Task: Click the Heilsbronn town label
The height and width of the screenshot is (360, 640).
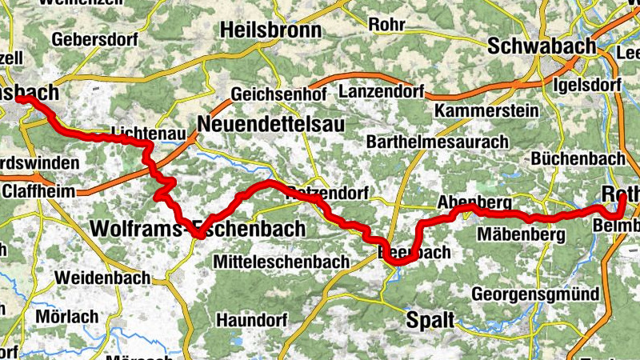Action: tap(270, 30)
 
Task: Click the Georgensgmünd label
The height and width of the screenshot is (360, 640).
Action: tap(535, 294)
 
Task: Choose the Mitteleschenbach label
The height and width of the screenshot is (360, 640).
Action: tap(282, 262)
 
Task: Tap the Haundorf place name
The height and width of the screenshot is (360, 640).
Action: tap(252, 319)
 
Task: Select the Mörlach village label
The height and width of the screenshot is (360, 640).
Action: tap(67, 316)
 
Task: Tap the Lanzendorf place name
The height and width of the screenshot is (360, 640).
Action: tap(381, 91)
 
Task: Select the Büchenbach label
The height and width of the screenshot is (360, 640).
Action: tap(569, 158)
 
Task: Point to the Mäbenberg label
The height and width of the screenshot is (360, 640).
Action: tap(521, 234)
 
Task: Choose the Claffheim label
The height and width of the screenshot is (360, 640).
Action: tap(38, 191)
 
